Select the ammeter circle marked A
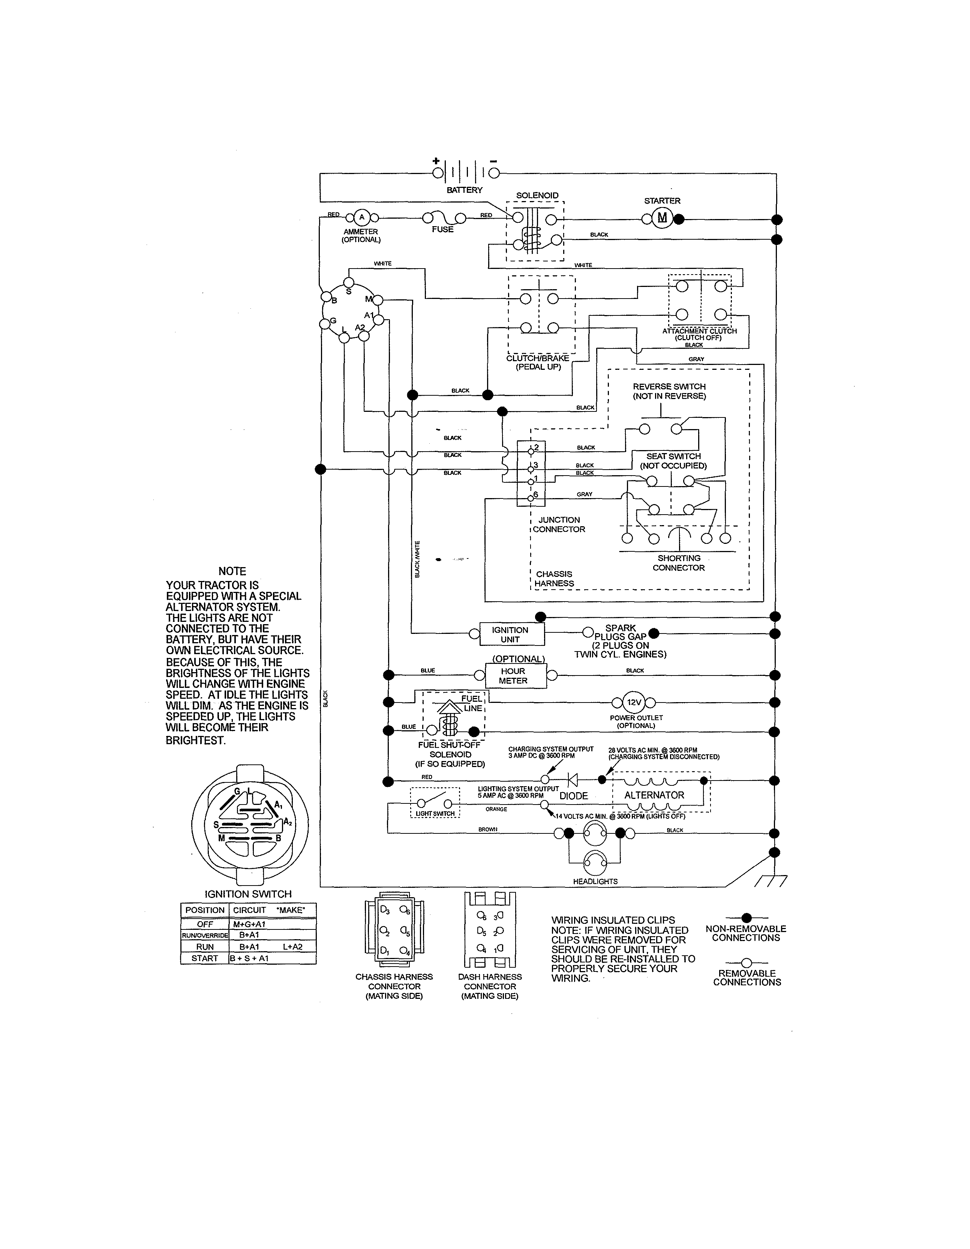361,217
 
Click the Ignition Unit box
510,634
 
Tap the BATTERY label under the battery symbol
465,190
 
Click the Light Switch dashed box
435,802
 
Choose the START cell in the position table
205,958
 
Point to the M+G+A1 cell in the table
249,924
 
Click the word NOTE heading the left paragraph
232,571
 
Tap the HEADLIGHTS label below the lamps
595,881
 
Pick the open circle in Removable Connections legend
746,963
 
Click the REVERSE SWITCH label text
669,387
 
